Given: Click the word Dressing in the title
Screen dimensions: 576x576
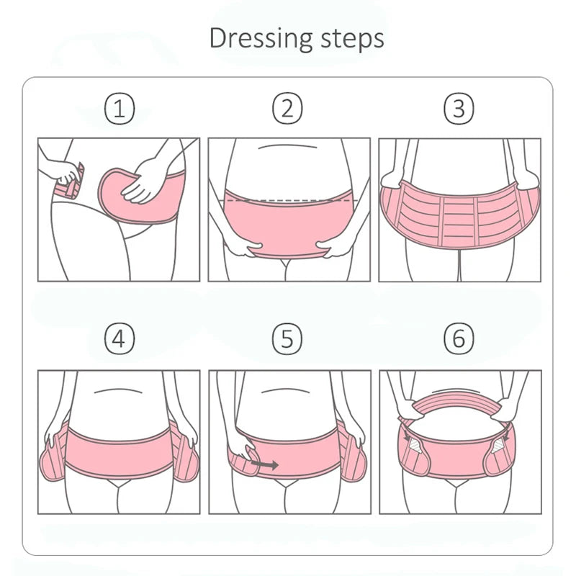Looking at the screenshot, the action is [x=261, y=39].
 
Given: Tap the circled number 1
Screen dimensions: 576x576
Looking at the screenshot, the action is [x=120, y=109].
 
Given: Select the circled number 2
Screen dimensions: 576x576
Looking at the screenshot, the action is [x=287, y=108].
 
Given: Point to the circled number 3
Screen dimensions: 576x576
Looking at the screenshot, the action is [x=459, y=108].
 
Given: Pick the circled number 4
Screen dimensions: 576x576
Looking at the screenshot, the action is [x=120, y=338].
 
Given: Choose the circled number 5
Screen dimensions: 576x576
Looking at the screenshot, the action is [x=287, y=338].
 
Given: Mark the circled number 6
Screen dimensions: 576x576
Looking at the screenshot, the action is [x=459, y=338].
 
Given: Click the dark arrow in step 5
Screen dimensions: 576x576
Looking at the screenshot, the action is [x=264, y=465].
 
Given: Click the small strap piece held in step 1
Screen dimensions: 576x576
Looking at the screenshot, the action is [x=70, y=183].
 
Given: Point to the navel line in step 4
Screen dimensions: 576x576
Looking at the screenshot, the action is [x=118, y=390].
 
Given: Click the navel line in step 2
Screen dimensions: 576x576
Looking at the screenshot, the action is [x=287, y=147].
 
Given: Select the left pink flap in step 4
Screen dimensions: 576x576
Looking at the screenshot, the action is [x=52, y=456].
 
